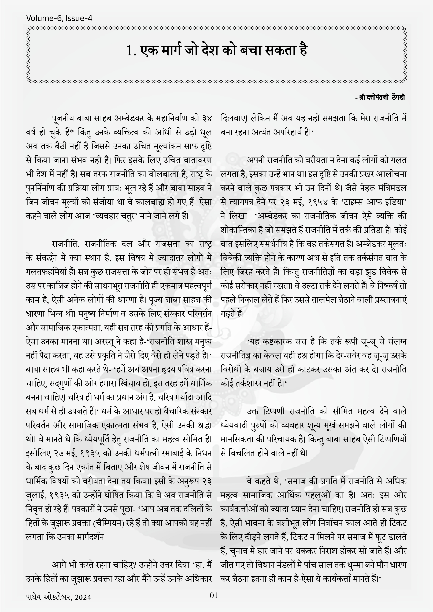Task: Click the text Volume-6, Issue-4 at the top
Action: point(59,18)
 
